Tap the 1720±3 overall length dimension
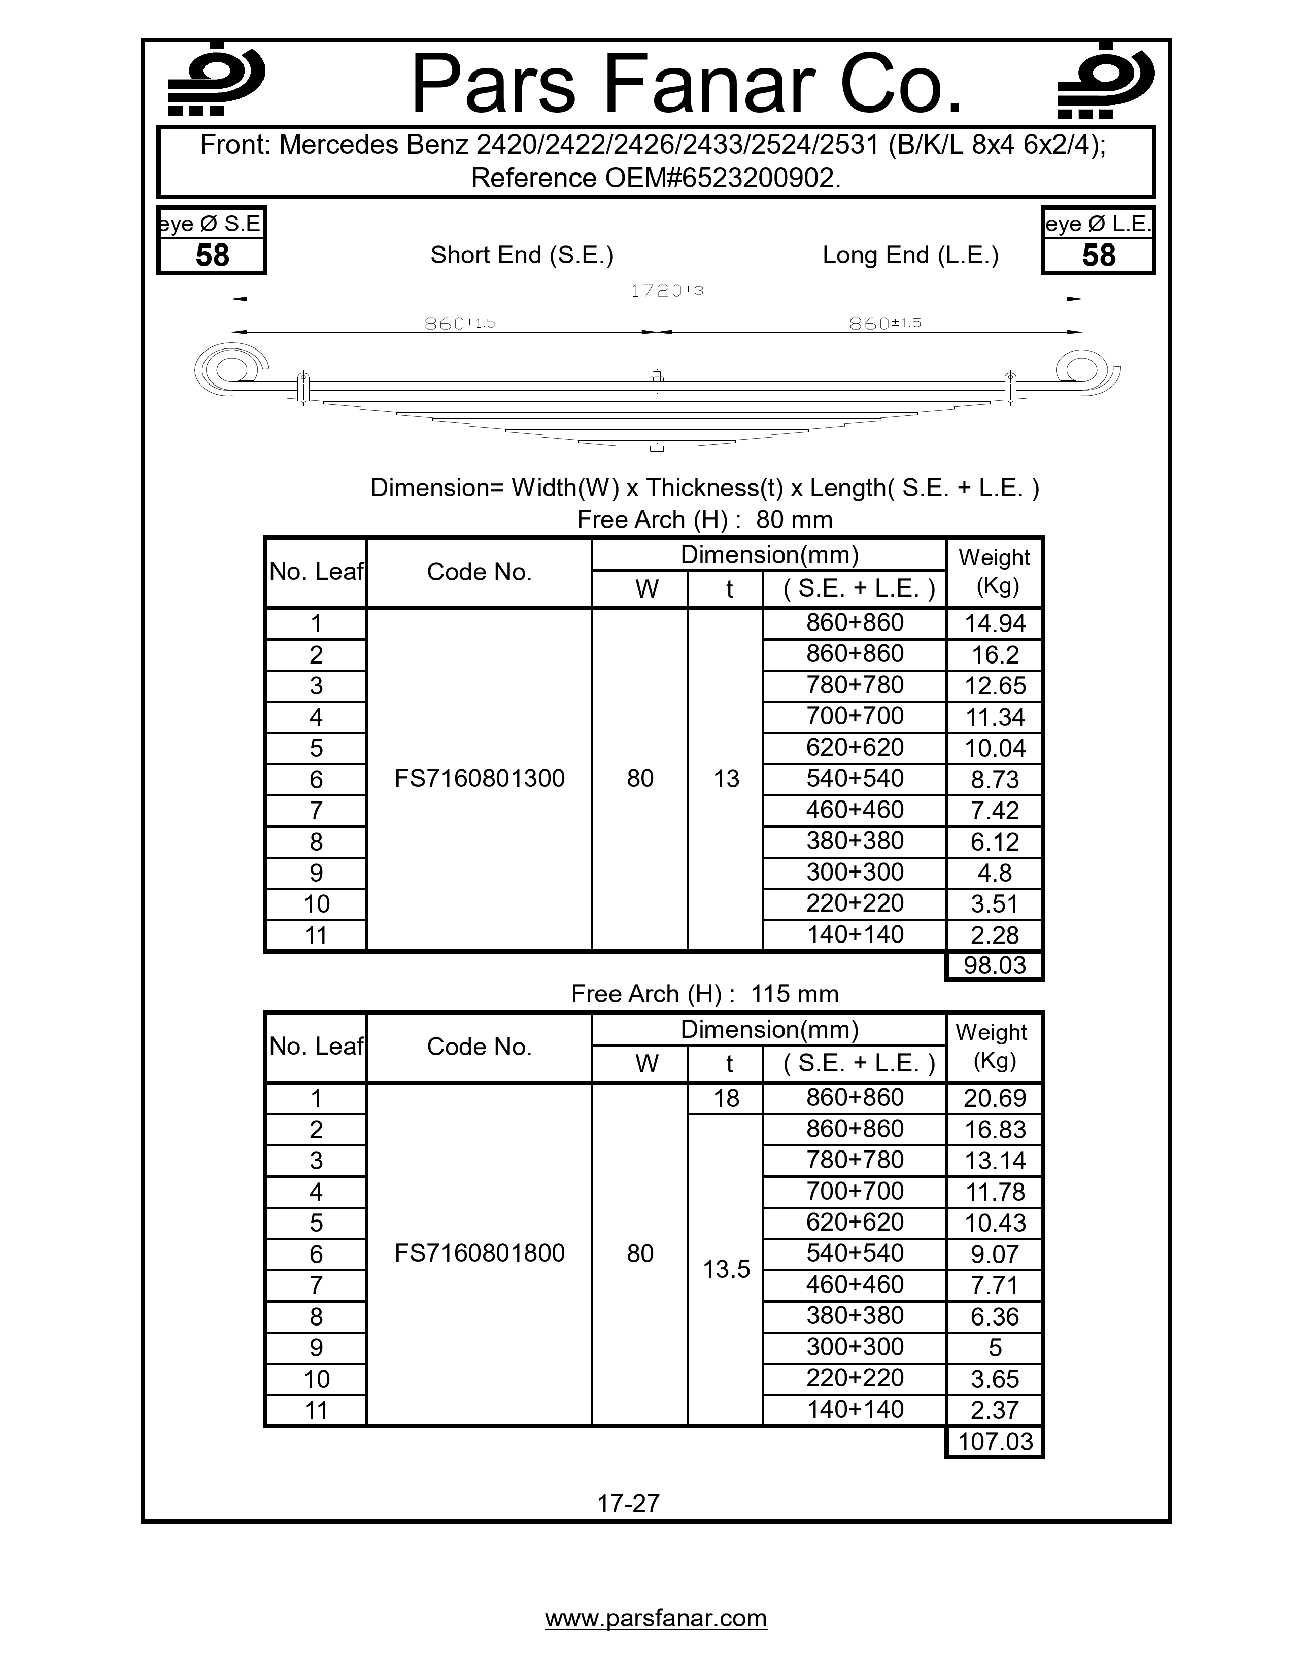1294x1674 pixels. click(667, 291)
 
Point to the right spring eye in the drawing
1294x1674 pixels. click(1080, 369)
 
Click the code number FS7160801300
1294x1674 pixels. click(479, 778)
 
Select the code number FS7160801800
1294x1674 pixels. click(479, 1252)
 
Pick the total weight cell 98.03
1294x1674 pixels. click(994, 965)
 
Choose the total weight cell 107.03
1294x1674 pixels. click(994, 1441)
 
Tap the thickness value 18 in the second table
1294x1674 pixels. click(726, 1098)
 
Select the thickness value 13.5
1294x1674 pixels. click(726, 1269)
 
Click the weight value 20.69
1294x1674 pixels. click(994, 1098)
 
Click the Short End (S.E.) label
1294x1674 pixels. click(522, 255)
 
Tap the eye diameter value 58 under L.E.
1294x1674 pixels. click(1098, 255)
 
